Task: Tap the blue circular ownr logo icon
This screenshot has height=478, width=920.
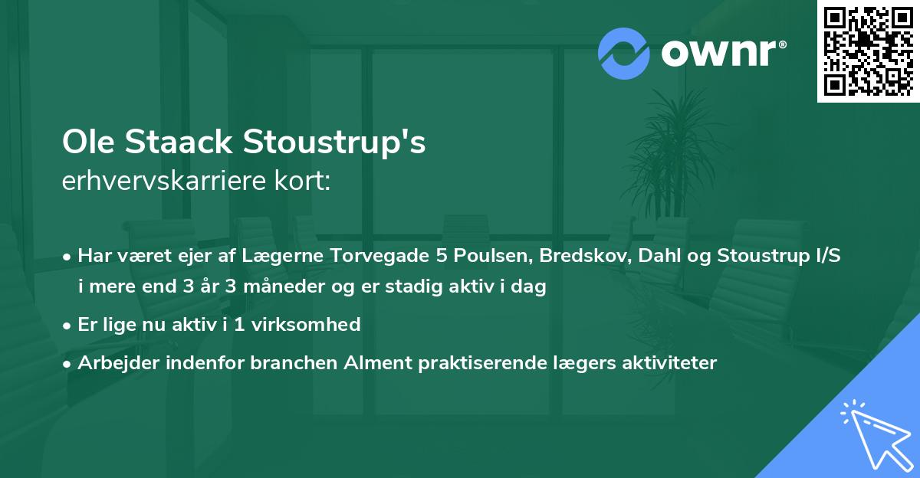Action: click(x=623, y=53)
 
